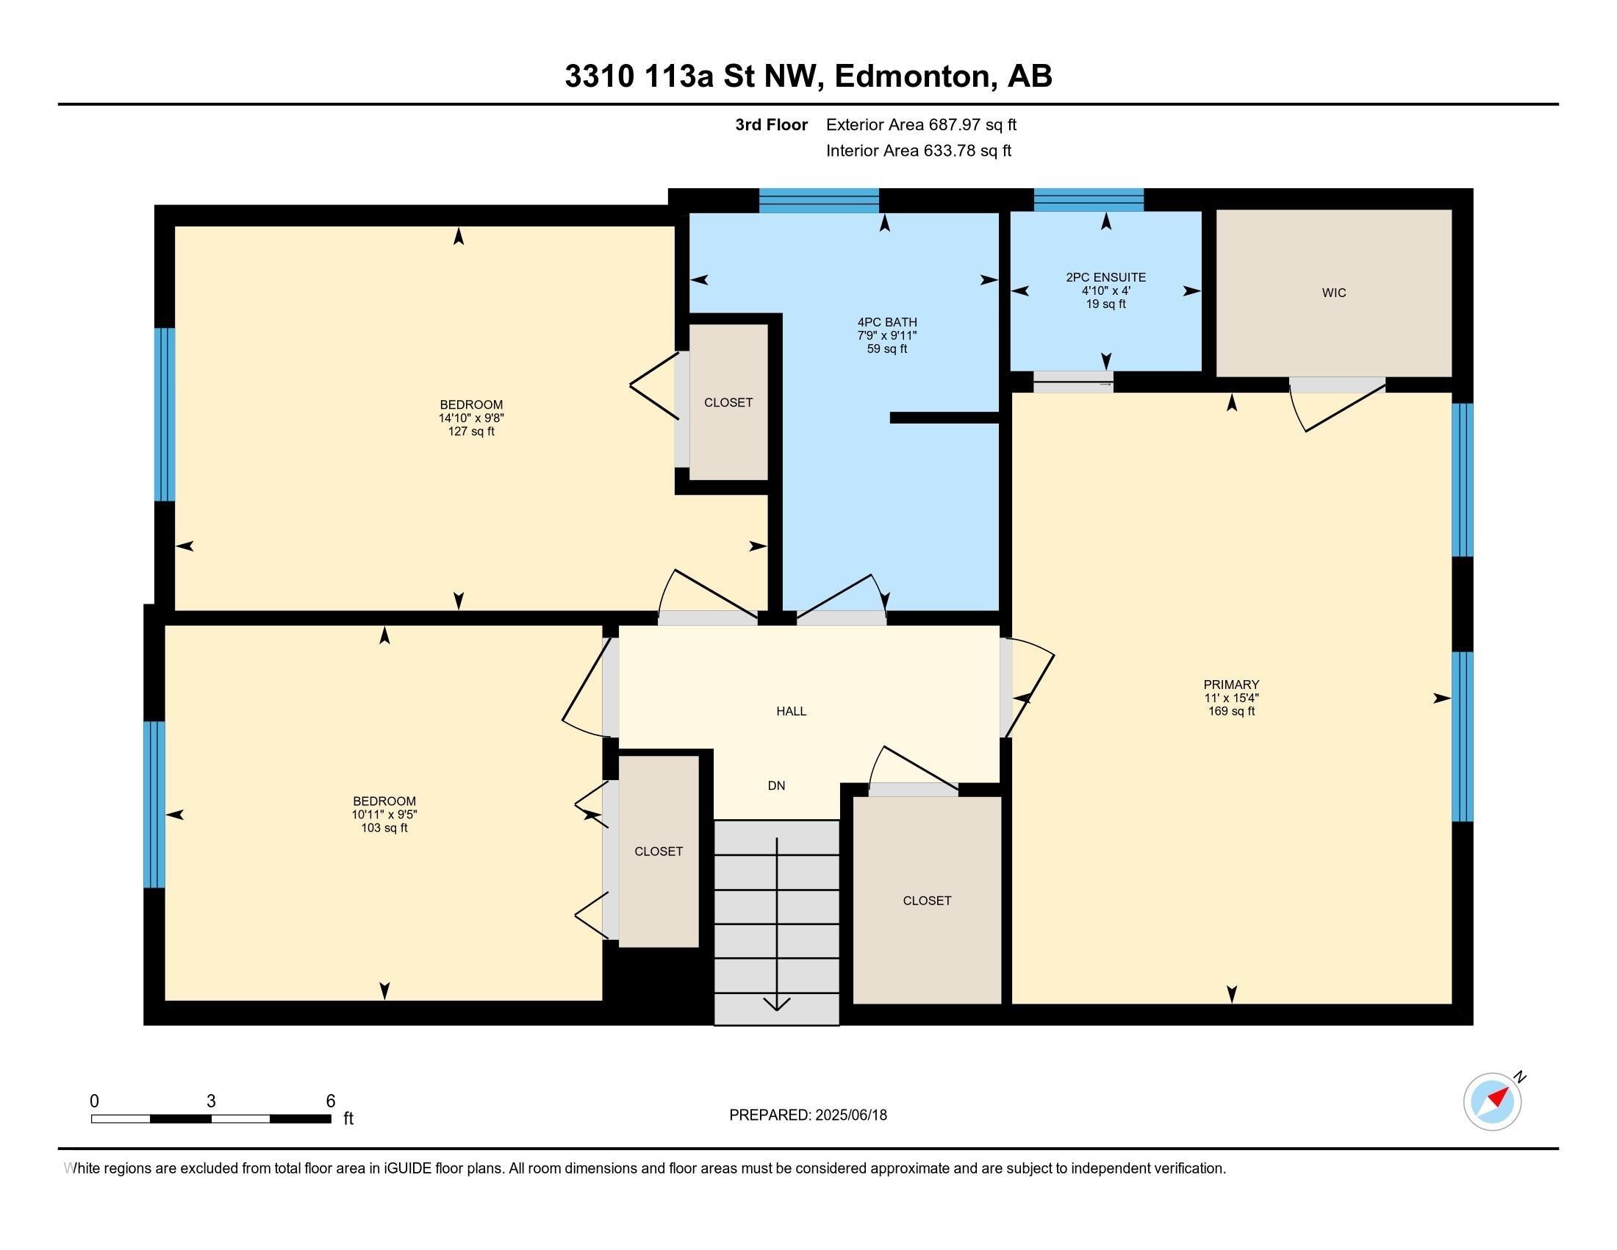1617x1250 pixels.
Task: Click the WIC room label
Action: (x=1333, y=293)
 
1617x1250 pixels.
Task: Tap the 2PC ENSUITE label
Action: (x=1105, y=278)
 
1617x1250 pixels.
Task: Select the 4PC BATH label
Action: (x=887, y=323)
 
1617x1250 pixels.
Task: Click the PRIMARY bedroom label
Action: (x=1231, y=685)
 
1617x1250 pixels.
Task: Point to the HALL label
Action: (x=791, y=712)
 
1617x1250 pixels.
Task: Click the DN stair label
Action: (x=776, y=786)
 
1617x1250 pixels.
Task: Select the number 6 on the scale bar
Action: (x=331, y=1101)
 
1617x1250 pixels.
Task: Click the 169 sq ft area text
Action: (x=1231, y=712)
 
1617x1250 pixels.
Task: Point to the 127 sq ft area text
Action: (x=471, y=432)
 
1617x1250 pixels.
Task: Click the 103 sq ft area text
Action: (x=384, y=828)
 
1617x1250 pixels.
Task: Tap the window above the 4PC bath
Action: (x=819, y=201)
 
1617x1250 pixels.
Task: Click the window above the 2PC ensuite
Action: (x=1089, y=200)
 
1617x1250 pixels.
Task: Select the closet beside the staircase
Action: (x=926, y=901)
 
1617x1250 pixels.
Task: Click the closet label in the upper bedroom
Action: (x=728, y=403)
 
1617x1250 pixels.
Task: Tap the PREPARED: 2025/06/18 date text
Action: (x=808, y=1115)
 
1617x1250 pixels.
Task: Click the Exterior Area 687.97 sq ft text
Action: (x=921, y=125)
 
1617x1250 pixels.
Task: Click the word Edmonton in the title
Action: (x=914, y=76)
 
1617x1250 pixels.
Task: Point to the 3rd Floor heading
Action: (x=771, y=125)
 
